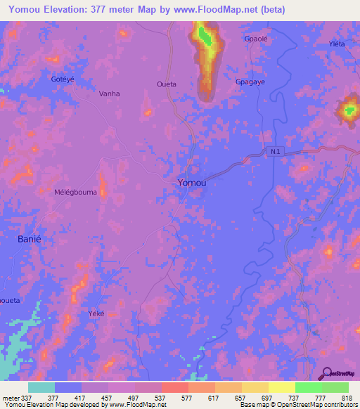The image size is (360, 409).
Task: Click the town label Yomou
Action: pos(191,183)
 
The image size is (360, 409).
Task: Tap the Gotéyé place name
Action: pos(63,79)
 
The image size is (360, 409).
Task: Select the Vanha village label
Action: pos(109,93)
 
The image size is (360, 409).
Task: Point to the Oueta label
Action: pos(166,84)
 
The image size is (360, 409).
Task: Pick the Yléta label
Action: pos(337,44)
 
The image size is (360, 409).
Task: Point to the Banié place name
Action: pos(30,239)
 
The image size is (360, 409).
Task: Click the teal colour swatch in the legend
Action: pos(41,387)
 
